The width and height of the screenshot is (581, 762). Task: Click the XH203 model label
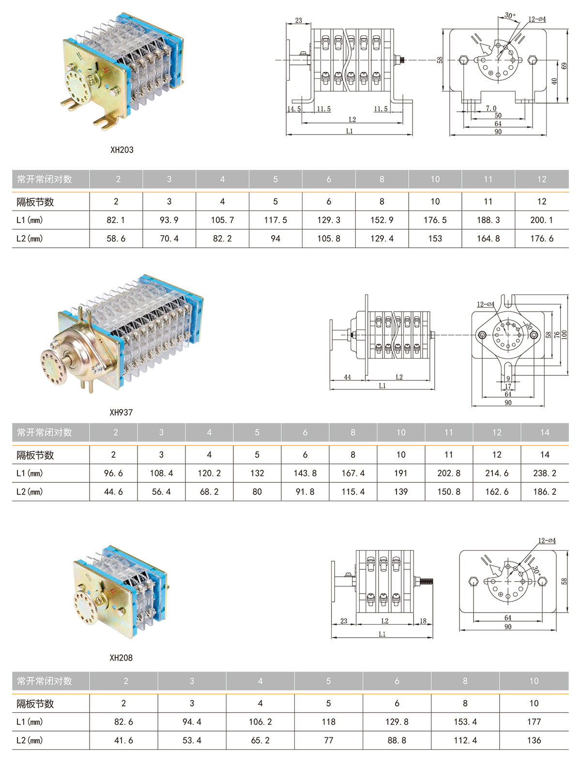point(122,150)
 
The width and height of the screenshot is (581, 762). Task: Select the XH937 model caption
point(121,413)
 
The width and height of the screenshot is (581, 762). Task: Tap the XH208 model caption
point(121,658)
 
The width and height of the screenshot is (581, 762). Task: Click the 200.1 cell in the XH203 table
point(541,220)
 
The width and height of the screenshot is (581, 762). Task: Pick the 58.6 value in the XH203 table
point(116,239)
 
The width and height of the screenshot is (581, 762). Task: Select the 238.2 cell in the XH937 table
point(545,473)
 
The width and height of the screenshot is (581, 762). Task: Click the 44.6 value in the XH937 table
point(113,492)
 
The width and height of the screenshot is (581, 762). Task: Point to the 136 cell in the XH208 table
point(534,741)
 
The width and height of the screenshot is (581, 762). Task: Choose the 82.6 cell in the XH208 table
point(123,722)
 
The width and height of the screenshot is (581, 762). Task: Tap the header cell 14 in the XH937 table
point(545,433)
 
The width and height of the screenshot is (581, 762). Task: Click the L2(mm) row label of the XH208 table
point(30,741)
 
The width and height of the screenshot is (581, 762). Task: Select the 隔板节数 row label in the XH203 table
point(35,202)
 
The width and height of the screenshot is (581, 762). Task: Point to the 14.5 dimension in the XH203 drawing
point(294,109)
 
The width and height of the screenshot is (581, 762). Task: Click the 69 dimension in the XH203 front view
point(564,66)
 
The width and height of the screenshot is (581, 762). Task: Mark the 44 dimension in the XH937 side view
point(347,377)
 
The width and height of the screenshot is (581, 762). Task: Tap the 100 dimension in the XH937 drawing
point(564,334)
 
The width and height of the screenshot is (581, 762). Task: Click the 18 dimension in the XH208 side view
point(423,621)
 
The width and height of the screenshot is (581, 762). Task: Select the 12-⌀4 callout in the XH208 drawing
point(547,541)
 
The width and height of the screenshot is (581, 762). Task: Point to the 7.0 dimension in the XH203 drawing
point(491,109)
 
